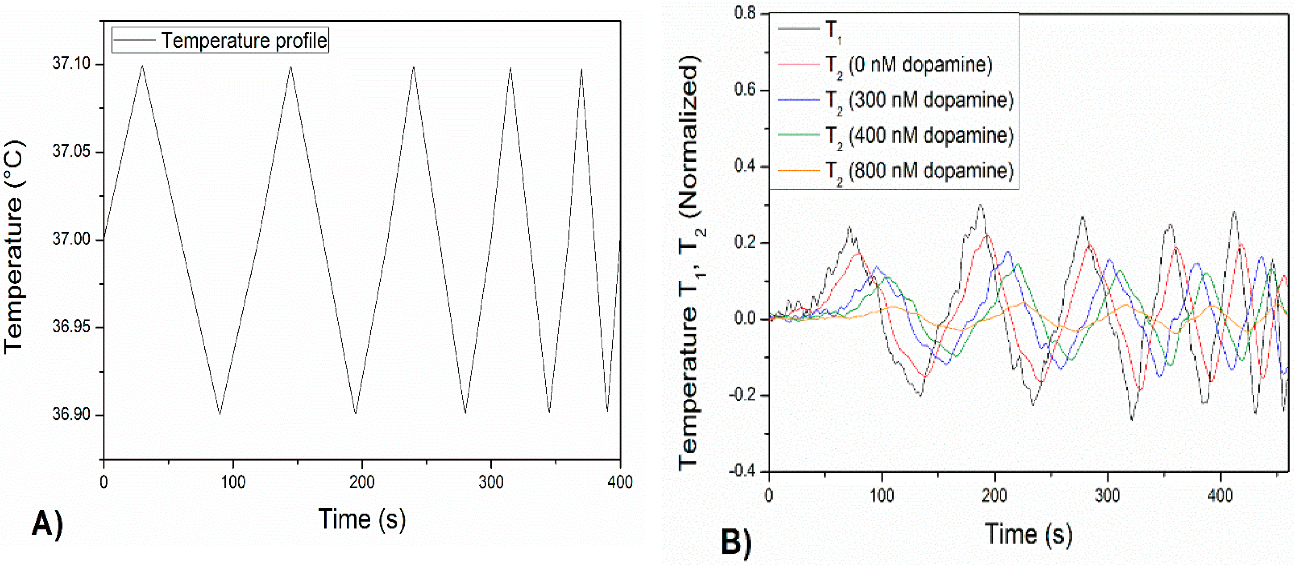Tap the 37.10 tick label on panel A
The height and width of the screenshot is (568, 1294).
(71, 64)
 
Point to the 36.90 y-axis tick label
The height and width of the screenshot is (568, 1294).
(71, 414)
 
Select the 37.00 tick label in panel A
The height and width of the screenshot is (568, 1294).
(71, 239)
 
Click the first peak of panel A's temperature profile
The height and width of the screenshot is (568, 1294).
(143, 66)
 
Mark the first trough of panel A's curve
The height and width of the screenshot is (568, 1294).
(219, 413)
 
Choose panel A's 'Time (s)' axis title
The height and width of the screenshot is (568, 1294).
(362, 519)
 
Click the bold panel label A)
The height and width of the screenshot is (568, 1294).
(48, 524)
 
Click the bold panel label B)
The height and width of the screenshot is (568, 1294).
(736, 543)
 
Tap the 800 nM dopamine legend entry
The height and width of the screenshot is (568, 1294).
(919, 171)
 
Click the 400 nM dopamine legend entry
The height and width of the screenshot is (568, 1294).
(919, 136)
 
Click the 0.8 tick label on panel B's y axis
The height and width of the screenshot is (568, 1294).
(744, 13)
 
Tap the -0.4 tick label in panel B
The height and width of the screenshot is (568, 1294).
(742, 471)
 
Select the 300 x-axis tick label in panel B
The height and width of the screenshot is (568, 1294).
(1107, 496)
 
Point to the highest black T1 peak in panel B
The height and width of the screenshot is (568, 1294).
(981, 205)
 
